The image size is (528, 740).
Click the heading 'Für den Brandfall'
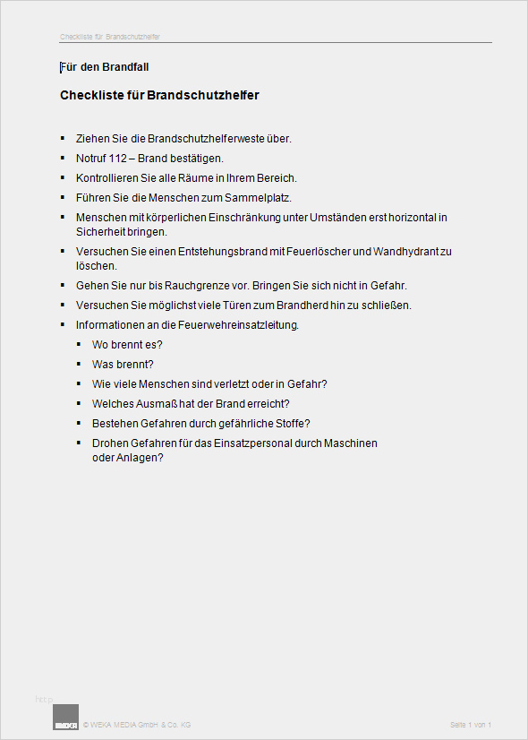click(x=110, y=67)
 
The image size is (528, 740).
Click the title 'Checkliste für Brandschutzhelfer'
click(x=159, y=95)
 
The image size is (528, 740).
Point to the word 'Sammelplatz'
click(x=261, y=197)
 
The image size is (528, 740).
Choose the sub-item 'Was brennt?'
click(x=123, y=365)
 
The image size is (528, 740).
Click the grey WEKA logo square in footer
click(x=66, y=718)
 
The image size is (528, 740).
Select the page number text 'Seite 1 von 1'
click(x=471, y=725)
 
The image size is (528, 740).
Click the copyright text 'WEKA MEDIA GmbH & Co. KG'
click(x=139, y=725)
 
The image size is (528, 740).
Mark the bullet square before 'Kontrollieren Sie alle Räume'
click(x=63, y=177)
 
